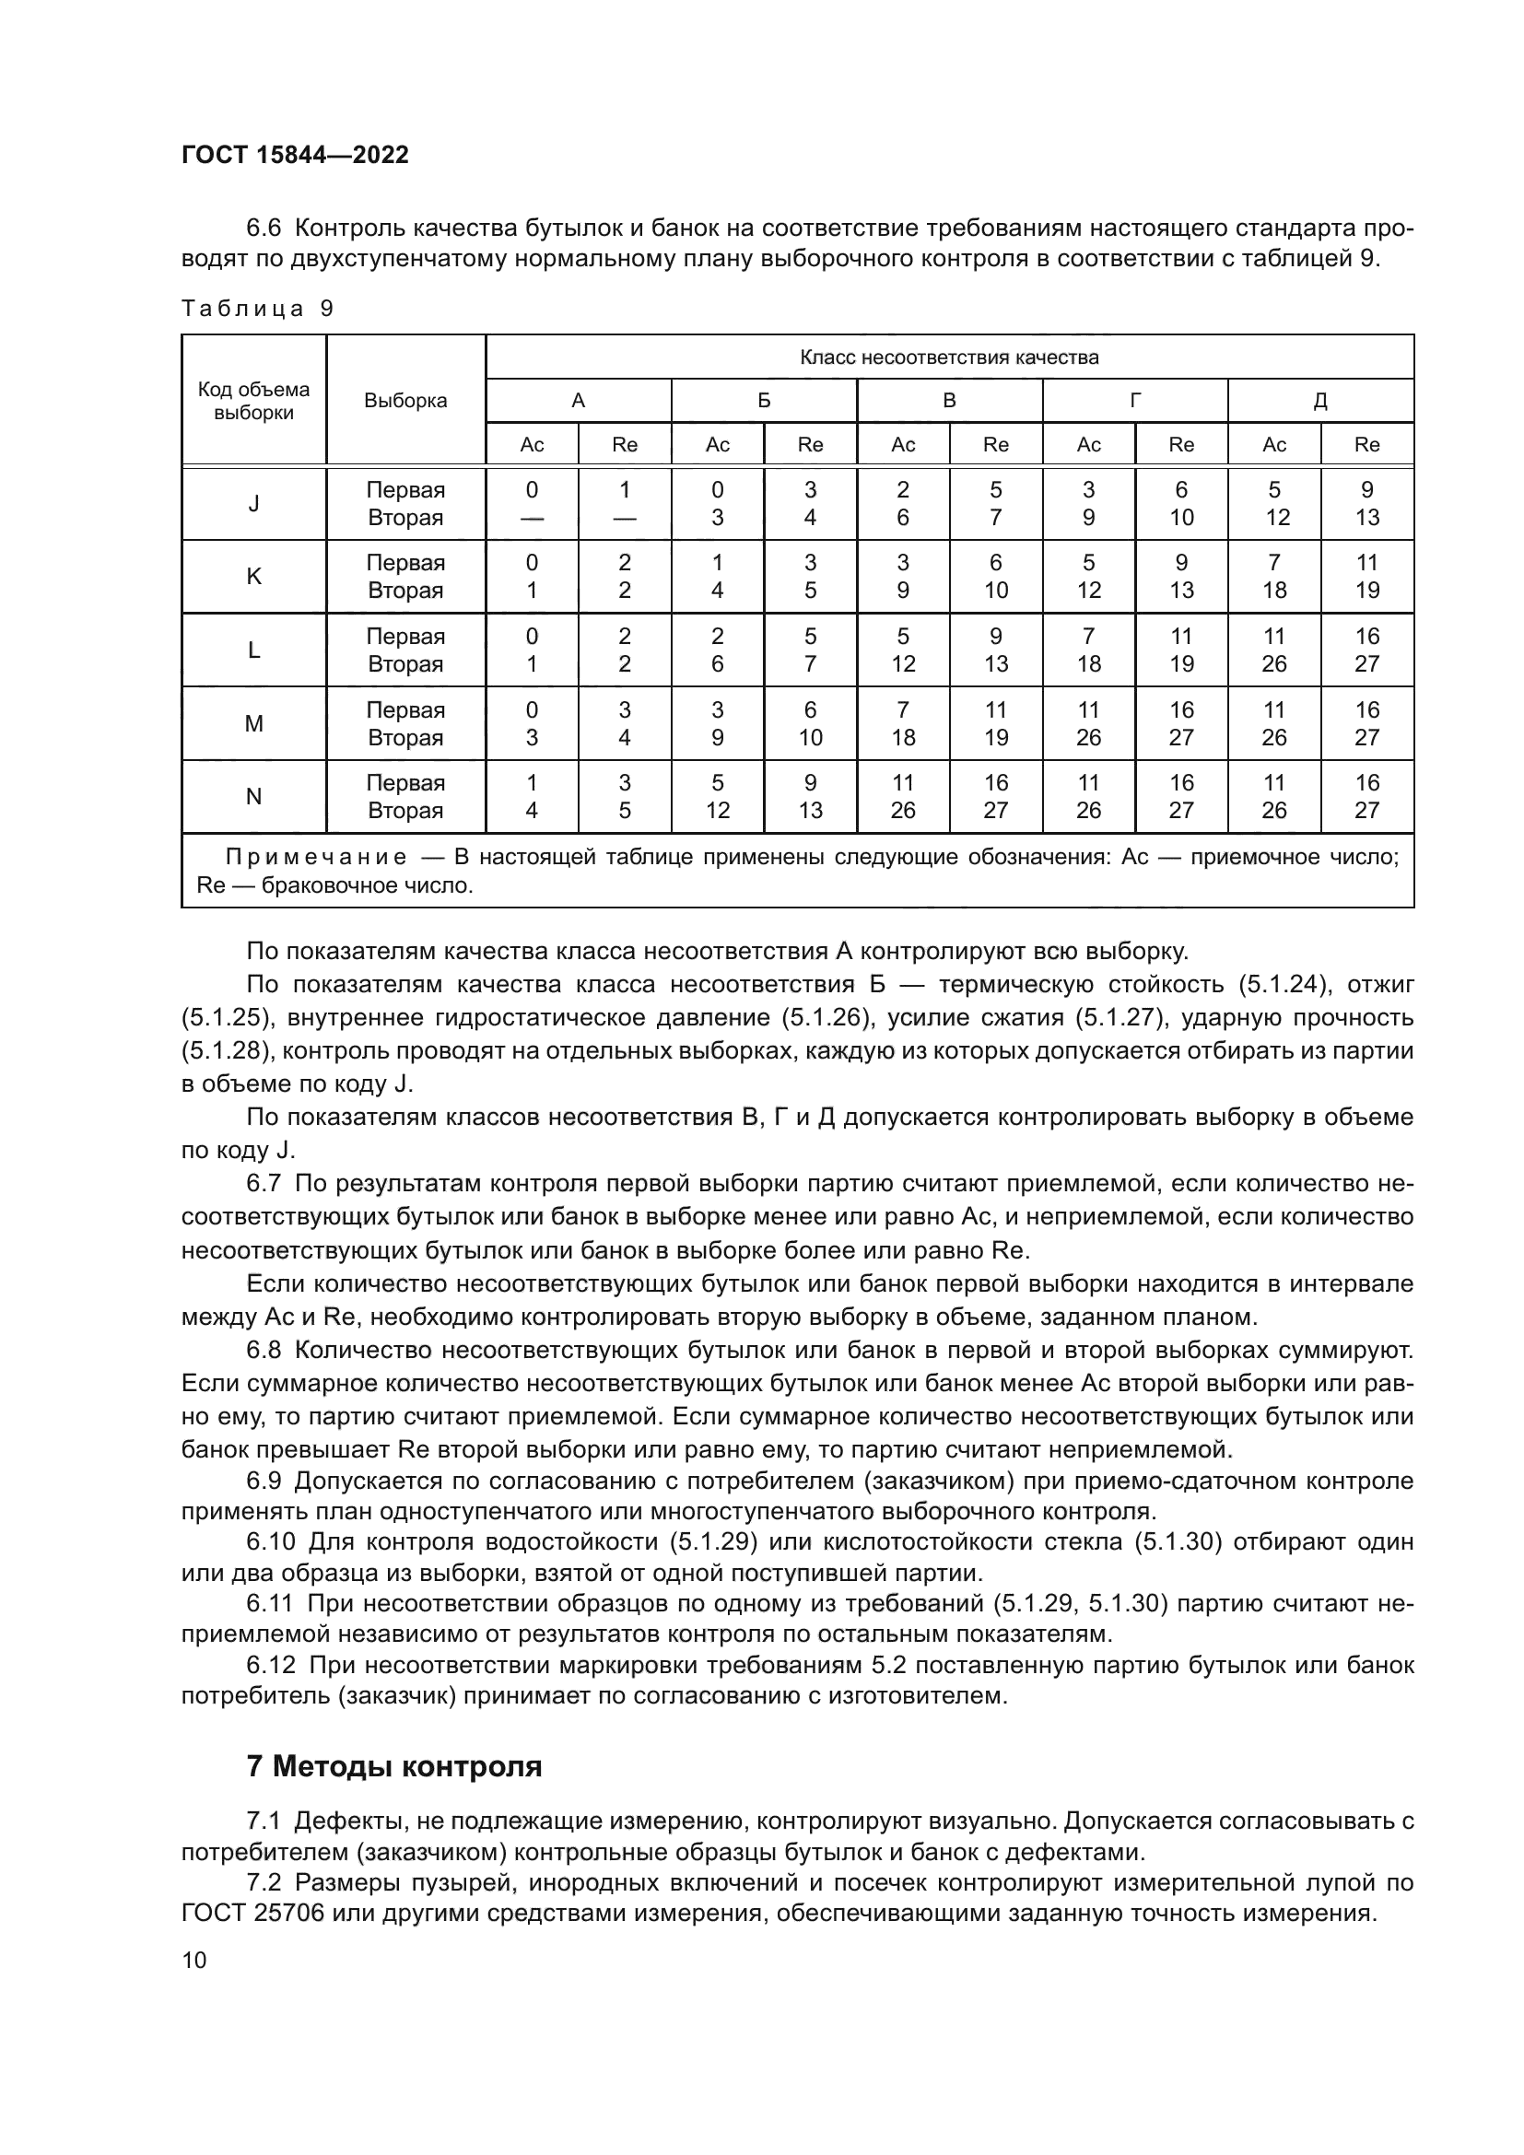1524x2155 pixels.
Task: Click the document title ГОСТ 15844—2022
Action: pos(295,155)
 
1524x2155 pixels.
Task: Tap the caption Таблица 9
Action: pos(257,309)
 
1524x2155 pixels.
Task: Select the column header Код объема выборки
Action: pos(253,401)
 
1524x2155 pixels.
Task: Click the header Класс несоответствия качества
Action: pos(949,357)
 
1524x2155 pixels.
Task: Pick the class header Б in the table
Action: pos(764,401)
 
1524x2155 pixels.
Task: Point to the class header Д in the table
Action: pos(1319,401)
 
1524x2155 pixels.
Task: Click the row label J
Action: pos(253,504)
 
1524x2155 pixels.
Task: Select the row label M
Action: pos(253,723)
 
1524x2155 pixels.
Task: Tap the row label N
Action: pos(253,797)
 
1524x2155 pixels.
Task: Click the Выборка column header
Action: pos(405,401)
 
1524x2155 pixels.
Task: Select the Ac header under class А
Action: pos(531,445)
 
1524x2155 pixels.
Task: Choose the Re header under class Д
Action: pos(1366,445)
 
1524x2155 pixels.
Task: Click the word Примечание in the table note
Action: pos(316,857)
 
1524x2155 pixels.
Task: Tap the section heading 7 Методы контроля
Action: pos(394,1766)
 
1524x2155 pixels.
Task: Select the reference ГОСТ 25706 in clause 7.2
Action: pos(252,1913)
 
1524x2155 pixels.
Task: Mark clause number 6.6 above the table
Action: pos(264,228)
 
